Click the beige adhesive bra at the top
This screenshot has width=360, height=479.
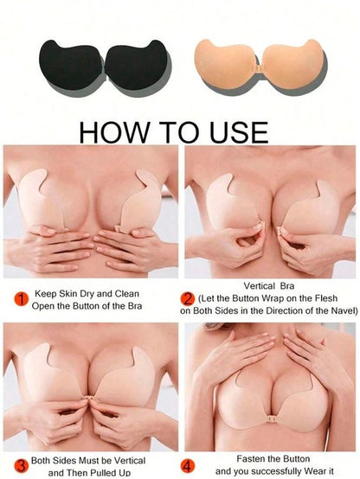260,65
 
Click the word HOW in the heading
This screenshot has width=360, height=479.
113,132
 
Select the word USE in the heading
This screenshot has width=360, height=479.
239,132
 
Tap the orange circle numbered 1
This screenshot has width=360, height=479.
22,299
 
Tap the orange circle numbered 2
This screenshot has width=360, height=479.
187,298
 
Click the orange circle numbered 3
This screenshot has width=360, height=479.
22,466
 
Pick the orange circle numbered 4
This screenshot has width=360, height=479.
187,466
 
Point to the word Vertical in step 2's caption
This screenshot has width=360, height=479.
259,286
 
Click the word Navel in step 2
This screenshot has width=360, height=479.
344,310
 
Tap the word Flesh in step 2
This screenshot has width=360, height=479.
325,298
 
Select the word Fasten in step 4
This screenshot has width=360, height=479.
249,458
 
